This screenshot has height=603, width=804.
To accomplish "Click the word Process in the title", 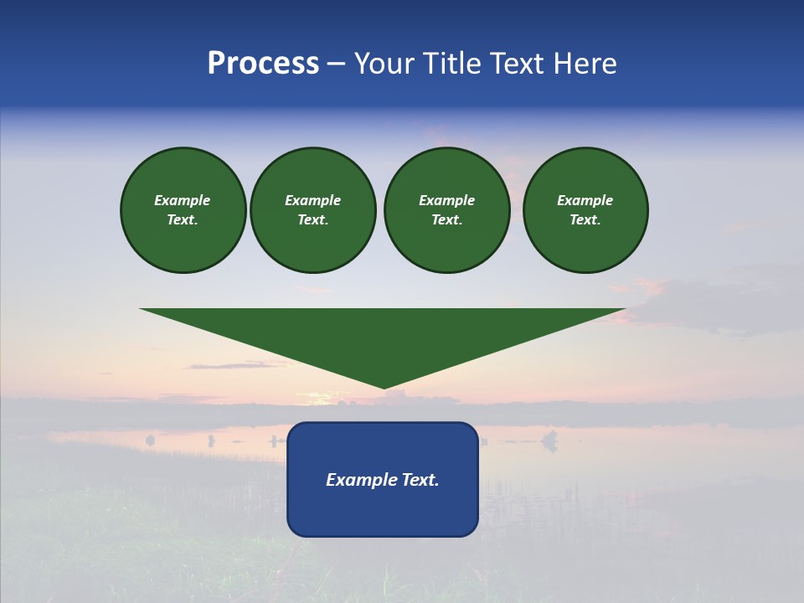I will pyautogui.click(x=263, y=64).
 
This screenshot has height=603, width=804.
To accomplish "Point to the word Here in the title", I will pyautogui.click(x=585, y=64).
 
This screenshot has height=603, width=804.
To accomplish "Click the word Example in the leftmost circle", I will pyautogui.click(x=183, y=200).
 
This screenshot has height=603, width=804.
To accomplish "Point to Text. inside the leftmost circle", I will pyautogui.click(x=183, y=220).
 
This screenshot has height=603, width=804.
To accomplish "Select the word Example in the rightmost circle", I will pyautogui.click(x=585, y=200).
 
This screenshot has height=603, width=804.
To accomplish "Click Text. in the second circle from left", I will pyautogui.click(x=312, y=220).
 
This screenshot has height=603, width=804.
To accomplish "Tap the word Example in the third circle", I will pyautogui.click(x=446, y=200).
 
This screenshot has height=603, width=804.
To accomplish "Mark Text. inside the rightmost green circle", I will pyautogui.click(x=585, y=220).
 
